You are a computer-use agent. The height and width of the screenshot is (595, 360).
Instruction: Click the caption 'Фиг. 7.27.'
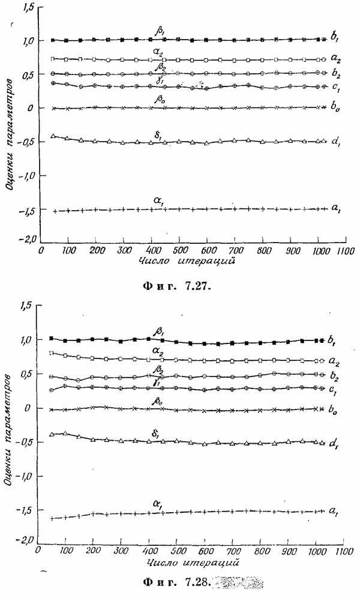(180, 285)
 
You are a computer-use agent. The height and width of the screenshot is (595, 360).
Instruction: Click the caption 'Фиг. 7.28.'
(180, 581)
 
